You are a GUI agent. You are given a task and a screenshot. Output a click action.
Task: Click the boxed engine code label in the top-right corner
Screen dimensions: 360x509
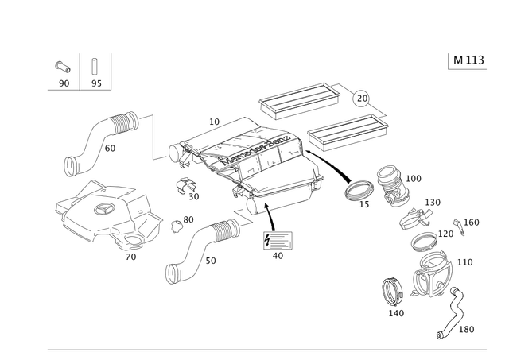tap(467, 60)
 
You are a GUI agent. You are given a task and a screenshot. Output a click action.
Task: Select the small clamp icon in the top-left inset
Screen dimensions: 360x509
tap(60, 68)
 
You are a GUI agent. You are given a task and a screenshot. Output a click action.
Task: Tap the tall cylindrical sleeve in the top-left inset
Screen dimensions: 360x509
tap(95, 67)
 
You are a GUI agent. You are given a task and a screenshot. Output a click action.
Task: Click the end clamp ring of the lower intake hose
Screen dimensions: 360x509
tap(171, 273)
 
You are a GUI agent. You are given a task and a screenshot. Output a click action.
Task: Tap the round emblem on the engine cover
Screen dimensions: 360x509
tap(101, 209)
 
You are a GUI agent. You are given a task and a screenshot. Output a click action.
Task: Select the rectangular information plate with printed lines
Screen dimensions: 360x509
tap(278, 240)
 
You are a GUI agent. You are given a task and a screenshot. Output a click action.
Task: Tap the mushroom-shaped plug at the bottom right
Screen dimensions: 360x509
tap(391, 290)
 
